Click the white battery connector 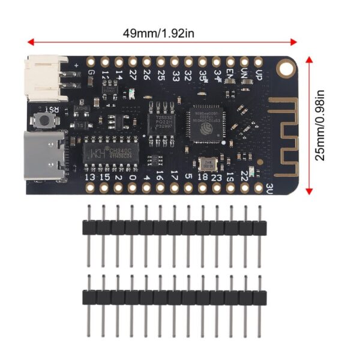[x=47, y=78]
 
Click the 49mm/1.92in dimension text [x=158, y=32]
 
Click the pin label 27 [x=133, y=76]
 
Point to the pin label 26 [x=146, y=76]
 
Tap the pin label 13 [x=91, y=177]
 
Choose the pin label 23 [x=217, y=177]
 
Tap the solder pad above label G [x=91, y=61]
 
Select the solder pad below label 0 [x=132, y=189]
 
